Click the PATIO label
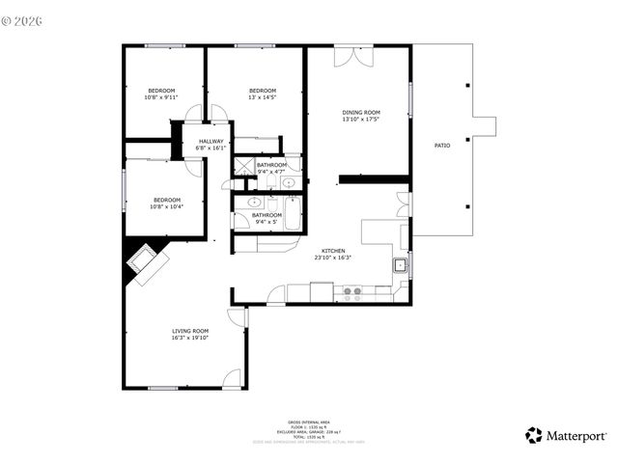(441, 145)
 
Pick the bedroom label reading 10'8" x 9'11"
(160, 94)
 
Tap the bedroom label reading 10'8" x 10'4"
(166, 203)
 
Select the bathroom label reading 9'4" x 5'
(266, 218)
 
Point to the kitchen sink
(399, 265)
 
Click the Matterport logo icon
(533, 435)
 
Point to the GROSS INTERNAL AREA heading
(308, 422)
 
